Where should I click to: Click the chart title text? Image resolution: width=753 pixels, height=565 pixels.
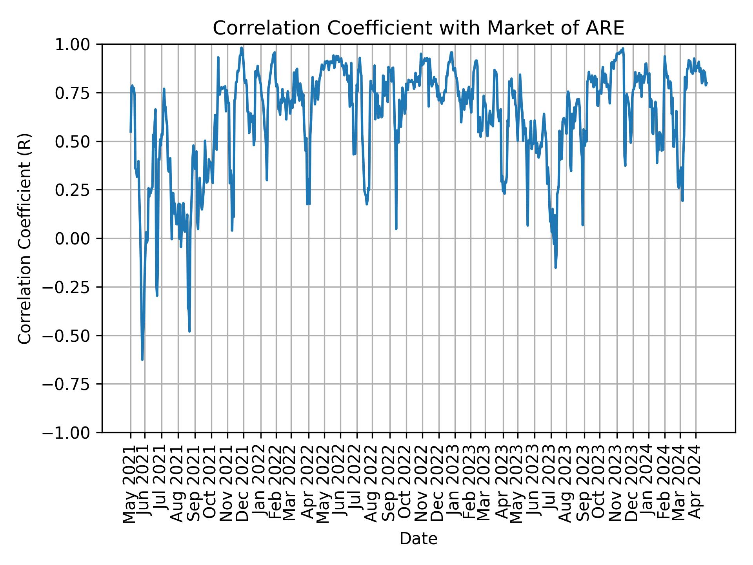pyautogui.click(x=418, y=28)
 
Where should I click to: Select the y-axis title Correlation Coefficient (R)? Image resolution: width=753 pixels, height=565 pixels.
pyautogui.click(x=24, y=238)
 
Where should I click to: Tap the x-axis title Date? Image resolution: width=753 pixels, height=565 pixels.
pyautogui.click(x=418, y=539)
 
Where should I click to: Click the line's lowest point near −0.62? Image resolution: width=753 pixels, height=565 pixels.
pyautogui.click(x=142, y=359)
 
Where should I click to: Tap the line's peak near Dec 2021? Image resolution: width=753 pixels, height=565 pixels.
pyautogui.click(x=242, y=48)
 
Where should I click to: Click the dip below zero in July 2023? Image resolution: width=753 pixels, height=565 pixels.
pyautogui.click(x=555, y=268)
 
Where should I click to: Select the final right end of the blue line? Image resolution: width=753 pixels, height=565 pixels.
pyautogui.click(x=707, y=82)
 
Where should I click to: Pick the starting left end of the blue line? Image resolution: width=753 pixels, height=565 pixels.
pyautogui.click(x=131, y=132)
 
